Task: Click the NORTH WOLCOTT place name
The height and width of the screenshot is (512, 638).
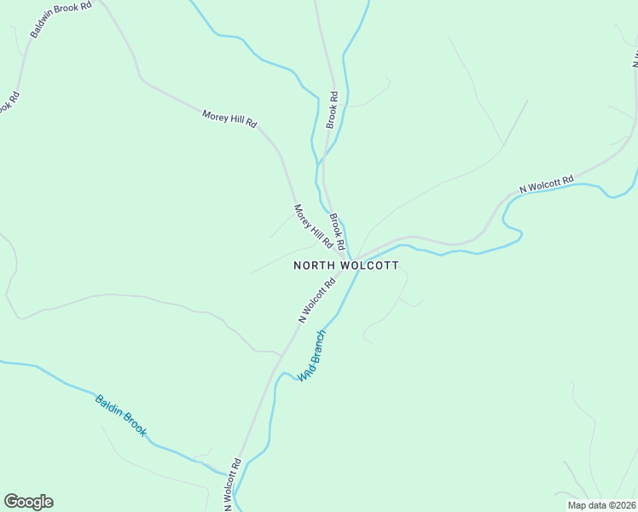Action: pos(345,265)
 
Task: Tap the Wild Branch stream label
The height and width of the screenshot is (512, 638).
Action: pos(311,355)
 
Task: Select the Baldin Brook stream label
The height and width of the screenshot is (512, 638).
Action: pos(120,416)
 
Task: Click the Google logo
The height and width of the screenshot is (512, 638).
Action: pos(28,502)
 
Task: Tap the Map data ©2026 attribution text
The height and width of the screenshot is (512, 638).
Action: pos(602,504)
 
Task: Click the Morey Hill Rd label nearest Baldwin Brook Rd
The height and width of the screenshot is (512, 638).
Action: pos(229,119)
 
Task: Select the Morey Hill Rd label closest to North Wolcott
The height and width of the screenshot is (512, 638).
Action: pos(313,227)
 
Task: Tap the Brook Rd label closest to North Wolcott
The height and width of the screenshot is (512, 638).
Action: pos(337,226)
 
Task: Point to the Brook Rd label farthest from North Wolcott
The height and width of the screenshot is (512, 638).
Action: pos(332,110)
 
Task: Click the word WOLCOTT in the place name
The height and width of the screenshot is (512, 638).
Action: pos(369,265)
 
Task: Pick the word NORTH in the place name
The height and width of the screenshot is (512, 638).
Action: pos(314,265)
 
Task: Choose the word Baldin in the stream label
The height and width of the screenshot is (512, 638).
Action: pos(109,406)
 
